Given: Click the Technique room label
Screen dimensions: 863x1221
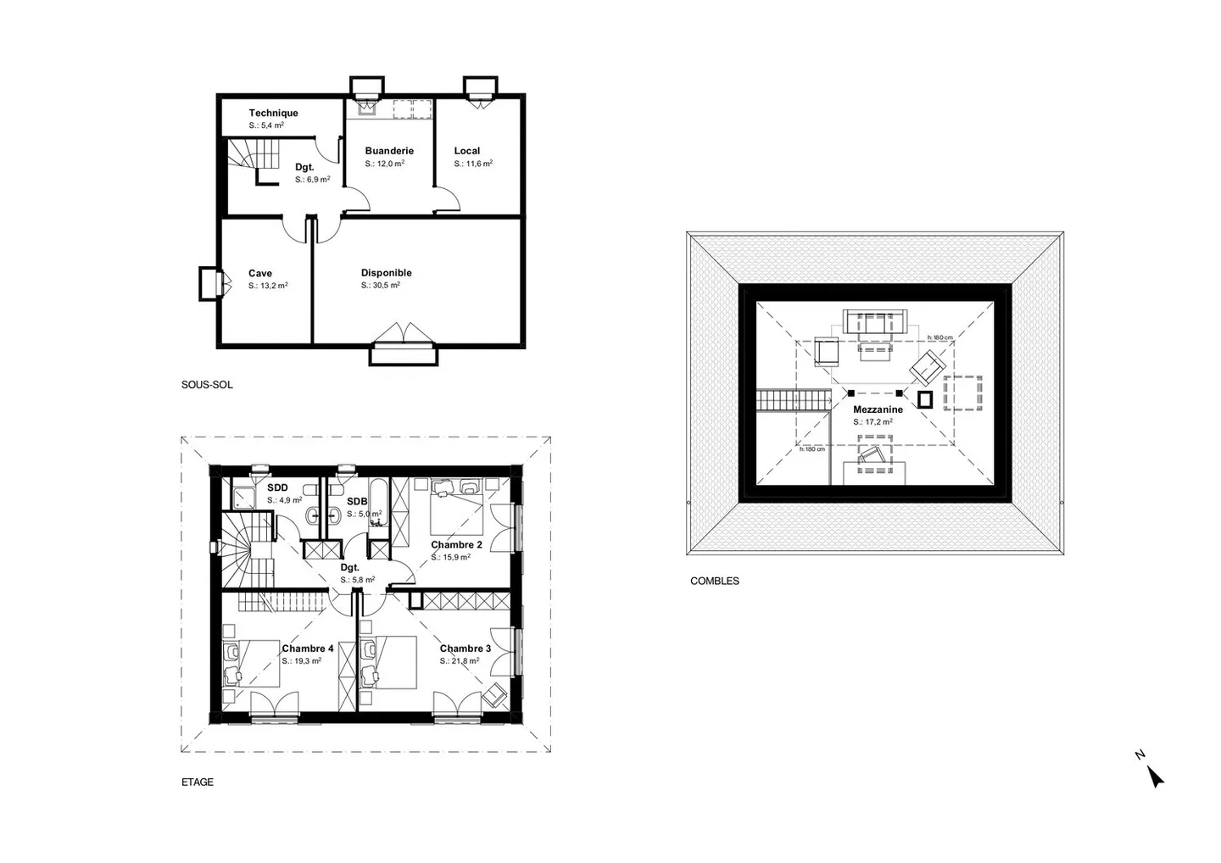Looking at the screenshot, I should coord(273,113).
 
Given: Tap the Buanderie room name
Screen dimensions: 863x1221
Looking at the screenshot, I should coord(389,151).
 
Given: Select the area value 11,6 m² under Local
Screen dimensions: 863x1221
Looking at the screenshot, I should coord(473,164).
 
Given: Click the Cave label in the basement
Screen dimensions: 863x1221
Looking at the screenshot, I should coord(260,273).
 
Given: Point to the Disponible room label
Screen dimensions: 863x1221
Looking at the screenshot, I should coord(386,273).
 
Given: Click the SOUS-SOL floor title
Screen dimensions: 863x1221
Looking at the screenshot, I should coord(207,385).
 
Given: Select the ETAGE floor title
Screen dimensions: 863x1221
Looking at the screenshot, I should coord(198,782).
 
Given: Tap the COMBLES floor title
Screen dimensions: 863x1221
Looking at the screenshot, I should coord(715,582).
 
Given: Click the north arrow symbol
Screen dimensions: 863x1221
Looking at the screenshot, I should coord(1154,775).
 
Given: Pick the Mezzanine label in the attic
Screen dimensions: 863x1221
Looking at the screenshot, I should coord(878,409).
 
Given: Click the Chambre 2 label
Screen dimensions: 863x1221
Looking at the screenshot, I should coord(456,545).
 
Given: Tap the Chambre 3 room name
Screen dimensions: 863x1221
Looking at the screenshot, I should coord(465,649).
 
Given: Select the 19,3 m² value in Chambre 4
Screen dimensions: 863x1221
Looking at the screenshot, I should coord(302,661).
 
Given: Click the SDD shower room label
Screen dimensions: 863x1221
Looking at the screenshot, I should coord(277,488).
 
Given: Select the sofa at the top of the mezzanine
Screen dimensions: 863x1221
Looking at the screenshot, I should coord(875,322).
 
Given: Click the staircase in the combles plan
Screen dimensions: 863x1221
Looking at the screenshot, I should coord(793,399).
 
